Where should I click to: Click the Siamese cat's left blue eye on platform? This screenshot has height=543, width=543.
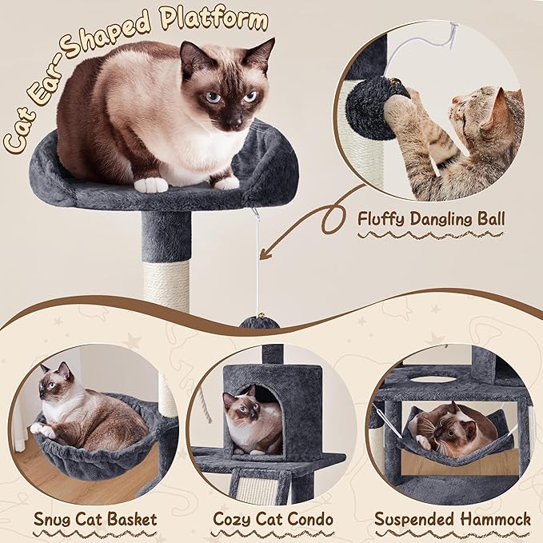[x=213, y=97]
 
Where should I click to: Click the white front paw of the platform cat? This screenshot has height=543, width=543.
[x=150, y=185]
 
